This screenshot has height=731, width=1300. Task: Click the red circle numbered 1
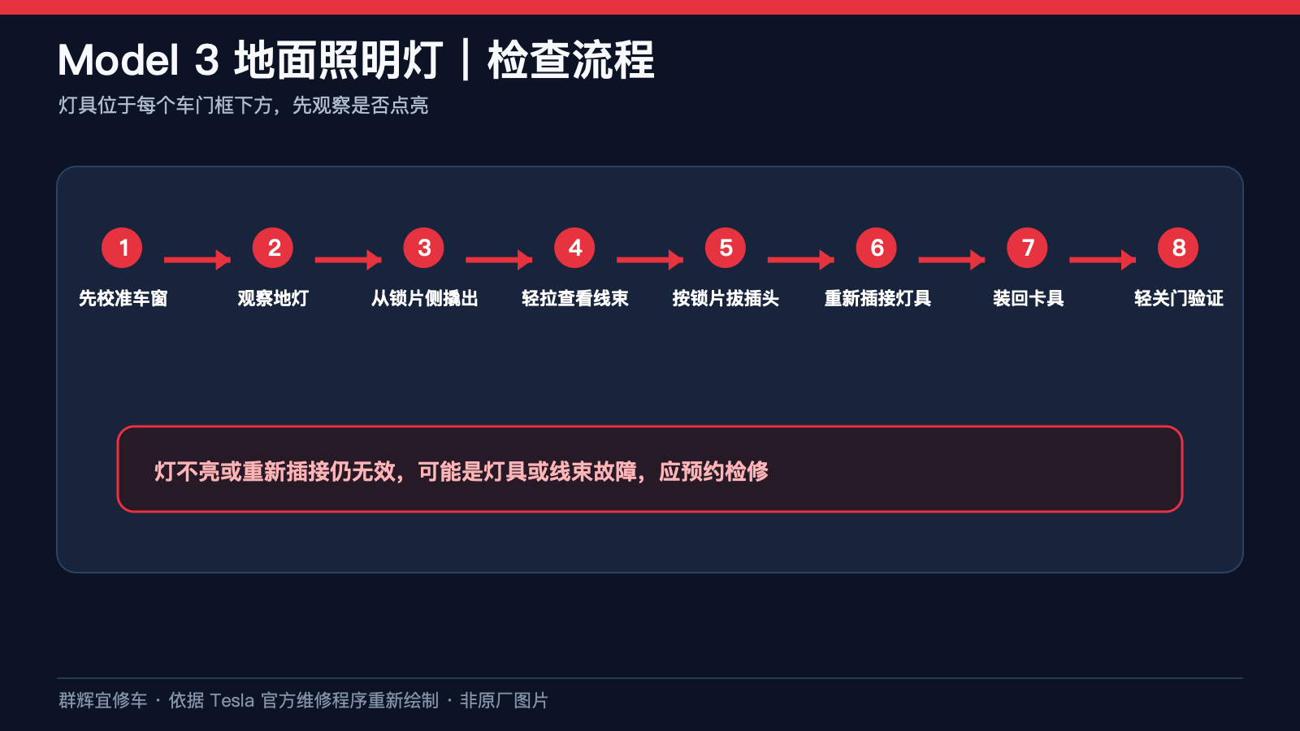(122, 248)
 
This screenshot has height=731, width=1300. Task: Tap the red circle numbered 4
(574, 248)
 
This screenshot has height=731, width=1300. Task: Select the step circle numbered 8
(1178, 248)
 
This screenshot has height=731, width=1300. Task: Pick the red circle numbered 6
(877, 248)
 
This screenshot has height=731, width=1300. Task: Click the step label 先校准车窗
(123, 298)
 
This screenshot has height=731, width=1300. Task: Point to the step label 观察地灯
(273, 298)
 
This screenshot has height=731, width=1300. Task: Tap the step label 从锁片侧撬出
(424, 298)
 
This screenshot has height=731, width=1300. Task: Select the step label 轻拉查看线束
(574, 298)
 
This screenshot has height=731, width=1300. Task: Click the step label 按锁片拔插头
(726, 298)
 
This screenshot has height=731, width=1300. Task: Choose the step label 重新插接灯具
(877, 298)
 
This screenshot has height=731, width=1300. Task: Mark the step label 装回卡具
(1028, 298)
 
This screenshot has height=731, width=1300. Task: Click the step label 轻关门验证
(1179, 298)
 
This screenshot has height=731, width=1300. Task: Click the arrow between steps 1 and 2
(197, 260)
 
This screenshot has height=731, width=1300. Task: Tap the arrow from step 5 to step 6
(801, 260)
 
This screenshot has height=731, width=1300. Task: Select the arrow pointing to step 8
(1103, 260)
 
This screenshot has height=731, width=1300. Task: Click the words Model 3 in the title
(138, 60)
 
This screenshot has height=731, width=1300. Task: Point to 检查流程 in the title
(571, 60)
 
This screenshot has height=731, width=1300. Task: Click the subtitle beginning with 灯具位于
(243, 105)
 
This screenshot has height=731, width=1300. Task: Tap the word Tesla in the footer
(232, 700)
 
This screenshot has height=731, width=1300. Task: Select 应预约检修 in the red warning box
(714, 471)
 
